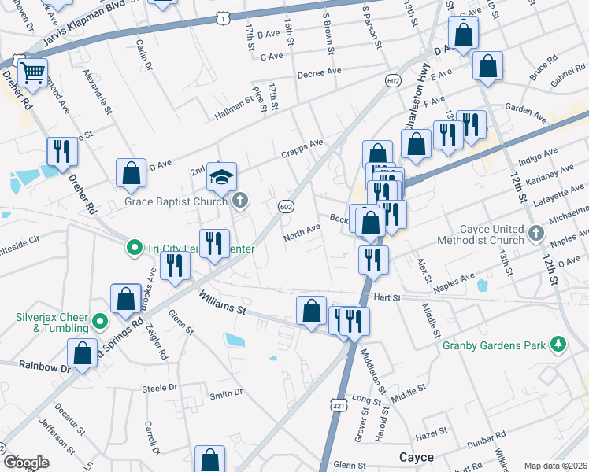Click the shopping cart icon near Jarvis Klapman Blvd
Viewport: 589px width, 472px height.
[x=32, y=74]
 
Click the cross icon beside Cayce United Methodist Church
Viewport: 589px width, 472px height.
[x=535, y=234]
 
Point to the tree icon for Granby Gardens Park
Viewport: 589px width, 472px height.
[x=558, y=344]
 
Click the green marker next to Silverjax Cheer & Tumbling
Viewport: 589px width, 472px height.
[x=100, y=321]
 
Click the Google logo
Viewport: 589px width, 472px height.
[x=26, y=463]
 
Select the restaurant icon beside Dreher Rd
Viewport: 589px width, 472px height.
[x=61, y=152]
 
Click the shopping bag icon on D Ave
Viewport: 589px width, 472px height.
[x=131, y=175]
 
